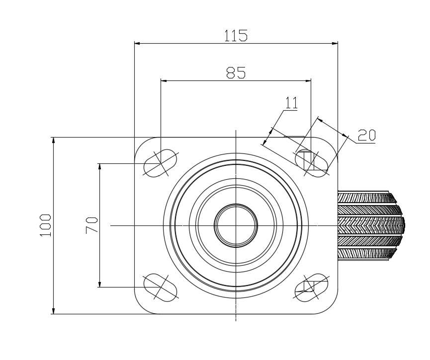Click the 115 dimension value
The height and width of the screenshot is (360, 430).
click(236, 36)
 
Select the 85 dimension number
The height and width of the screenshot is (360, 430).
click(236, 73)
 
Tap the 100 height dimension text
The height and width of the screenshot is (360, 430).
click(46, 225)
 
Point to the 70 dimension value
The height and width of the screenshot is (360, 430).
click(91, 225)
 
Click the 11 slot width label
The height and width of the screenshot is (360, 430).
click(291, 103)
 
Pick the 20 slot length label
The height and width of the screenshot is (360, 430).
click(367, 135)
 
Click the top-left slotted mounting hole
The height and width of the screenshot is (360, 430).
click(161, 163)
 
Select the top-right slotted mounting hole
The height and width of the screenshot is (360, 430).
click(312, 163)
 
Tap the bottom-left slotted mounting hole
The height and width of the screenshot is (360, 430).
click(161, 288)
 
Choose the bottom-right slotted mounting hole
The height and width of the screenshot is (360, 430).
click(312, 288)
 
